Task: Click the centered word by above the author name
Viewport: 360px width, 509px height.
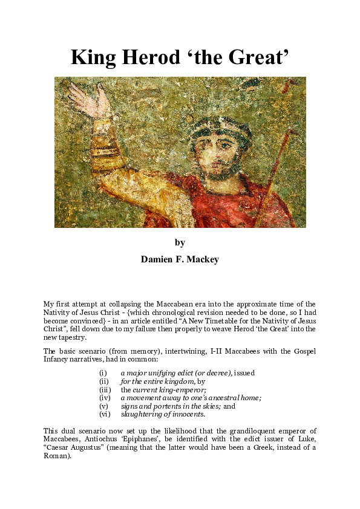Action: click(180, 242)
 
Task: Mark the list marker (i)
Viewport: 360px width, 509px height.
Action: click(102, 373)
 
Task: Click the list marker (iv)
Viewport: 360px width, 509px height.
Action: click(104, 398)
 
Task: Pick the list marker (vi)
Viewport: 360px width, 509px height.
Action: click(104, 415)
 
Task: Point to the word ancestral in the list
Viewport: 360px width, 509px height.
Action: click(221, 398)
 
